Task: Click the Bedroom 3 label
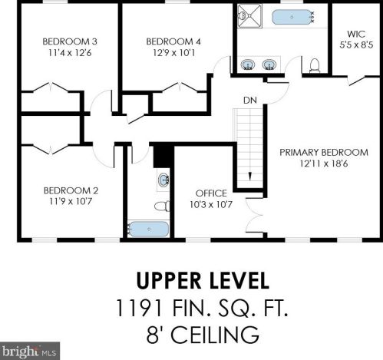(x=70, y=41)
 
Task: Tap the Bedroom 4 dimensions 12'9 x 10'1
(x=174, y=53)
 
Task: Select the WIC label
(x=356, y=34)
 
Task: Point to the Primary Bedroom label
(x=324, y=153)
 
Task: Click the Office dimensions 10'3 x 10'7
(x=211, y=205)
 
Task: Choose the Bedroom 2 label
(x=71, y=190)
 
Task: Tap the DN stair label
(x=250, y=101)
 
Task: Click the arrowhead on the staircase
(x=250, y=177)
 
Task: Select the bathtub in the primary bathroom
(x=292, y=17)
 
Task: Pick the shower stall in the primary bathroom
(x=249, y=16)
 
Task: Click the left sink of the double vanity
(x=248, y=64)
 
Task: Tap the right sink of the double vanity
(x=269, y=64)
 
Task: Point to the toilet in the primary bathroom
(x=315, y=65)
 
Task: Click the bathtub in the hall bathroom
(x=148, y=229)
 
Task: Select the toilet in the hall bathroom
(x=162, y=206)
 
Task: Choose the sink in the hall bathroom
(x=163, y=180)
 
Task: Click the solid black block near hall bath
(x=163, y=157)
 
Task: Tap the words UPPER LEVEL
(x=203, y=281)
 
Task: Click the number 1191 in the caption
(x=139, y=308)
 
